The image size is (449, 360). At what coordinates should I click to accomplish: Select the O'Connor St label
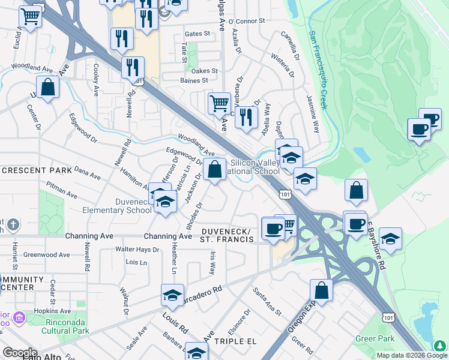[250, 22]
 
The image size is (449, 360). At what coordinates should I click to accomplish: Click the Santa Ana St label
[267, 301]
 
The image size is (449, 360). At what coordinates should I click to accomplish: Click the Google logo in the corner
[20, 352]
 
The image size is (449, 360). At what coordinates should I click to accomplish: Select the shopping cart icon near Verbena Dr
[219, 103]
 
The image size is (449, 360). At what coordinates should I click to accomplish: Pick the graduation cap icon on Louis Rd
[172, 295]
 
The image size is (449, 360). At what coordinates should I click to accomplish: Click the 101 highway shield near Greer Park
[388, 316]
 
